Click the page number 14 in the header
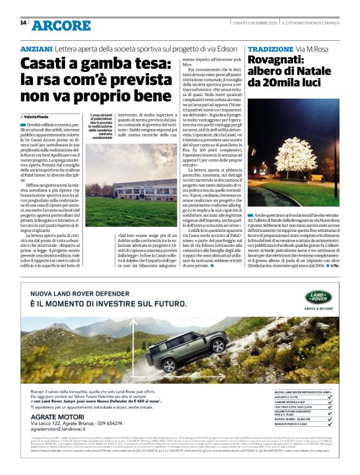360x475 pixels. click(x=23, y=23)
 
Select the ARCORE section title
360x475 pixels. click(x=61, y=25)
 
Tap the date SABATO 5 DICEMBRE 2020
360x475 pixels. click(x=245, y=24)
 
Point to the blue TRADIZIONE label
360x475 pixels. click(x=270, y=48)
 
